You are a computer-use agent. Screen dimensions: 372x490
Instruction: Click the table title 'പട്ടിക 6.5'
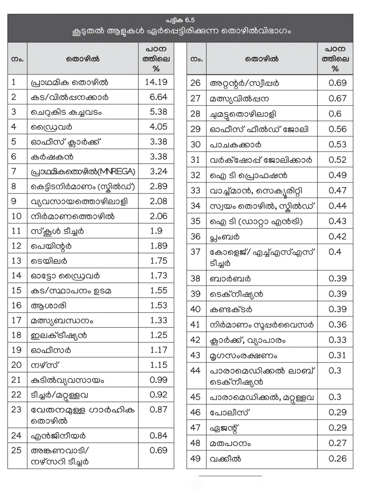(180, 20)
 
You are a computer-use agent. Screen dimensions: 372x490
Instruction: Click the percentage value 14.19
(156, 82)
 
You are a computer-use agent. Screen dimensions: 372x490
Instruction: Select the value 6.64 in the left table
(158, 97)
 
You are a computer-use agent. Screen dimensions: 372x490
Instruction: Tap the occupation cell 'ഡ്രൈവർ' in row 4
(52, 127)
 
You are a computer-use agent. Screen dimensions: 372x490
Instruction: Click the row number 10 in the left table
(17, 216)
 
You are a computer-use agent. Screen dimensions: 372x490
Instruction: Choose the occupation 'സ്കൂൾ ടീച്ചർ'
(57, 231)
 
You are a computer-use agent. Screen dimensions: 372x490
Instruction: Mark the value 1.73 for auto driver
(158, 276)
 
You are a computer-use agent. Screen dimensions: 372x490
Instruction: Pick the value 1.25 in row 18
(158, 335)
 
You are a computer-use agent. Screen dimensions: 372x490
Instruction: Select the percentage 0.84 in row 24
(158, 435)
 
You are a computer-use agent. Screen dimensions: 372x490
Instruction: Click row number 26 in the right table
(195, 83)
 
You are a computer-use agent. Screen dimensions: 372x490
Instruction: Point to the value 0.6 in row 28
(335, 114)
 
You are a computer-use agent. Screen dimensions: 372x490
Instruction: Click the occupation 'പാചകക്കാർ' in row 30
(235, 145)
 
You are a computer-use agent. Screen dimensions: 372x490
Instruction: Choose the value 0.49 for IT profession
(337, 175)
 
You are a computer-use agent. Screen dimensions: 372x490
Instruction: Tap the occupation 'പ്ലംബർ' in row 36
(225, 237)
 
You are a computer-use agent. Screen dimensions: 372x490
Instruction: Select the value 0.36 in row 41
(337, 325)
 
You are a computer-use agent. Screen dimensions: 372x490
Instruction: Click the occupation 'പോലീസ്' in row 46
(230, 413)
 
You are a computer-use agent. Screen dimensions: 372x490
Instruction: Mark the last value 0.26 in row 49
(337, 459)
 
